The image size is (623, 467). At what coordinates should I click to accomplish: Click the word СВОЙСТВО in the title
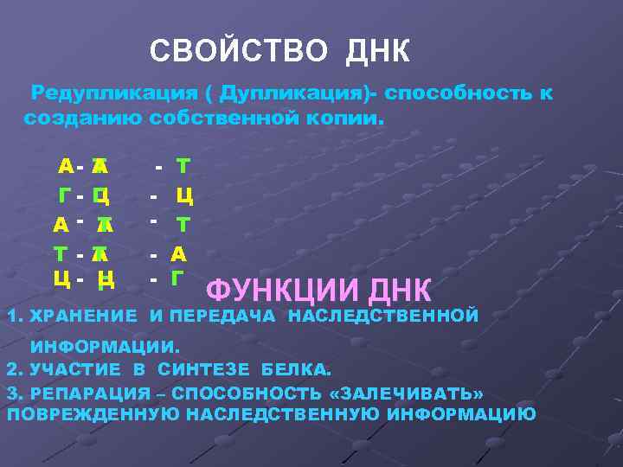point(238,51)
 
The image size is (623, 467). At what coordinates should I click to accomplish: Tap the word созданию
point(82,117)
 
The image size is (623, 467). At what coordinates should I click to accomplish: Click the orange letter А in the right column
point(179,253)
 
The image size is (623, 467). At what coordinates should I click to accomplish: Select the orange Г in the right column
point(177,278)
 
